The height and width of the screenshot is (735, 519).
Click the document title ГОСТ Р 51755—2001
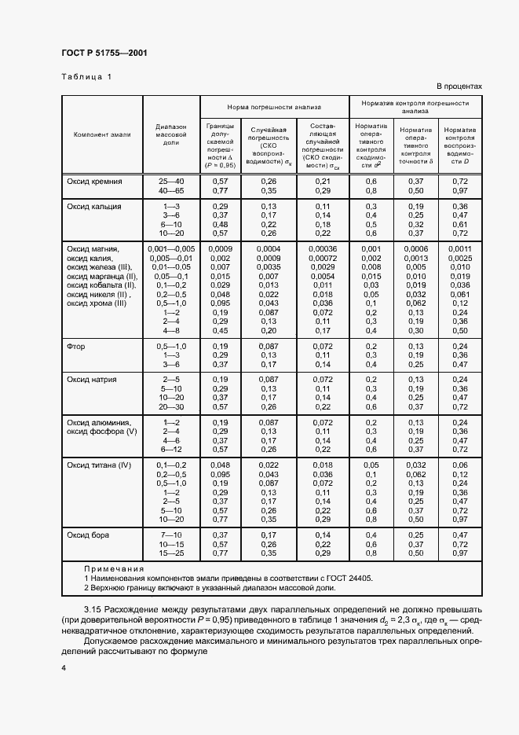(x=104, y=53)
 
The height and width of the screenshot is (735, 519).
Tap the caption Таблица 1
(x=86, y=77)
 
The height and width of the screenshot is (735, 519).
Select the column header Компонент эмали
(x=102, y=134)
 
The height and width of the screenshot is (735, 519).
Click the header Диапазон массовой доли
(x=171, y=134)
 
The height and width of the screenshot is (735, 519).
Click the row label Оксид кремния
(x=95, y=182)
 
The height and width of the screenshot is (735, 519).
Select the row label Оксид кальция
(x=94, y=206)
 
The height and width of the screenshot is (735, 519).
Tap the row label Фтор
(x=76, y=347)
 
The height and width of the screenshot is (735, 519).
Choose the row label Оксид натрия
(x=92, y=380)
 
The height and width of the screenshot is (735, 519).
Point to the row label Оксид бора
(x=88, y=535)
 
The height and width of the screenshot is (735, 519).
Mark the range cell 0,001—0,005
(x=171, y=248)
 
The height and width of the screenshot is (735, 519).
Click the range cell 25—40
(x=171, y=182)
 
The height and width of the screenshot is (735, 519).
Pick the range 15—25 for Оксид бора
(x=171, y=553)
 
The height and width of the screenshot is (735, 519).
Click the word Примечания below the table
(x=114, y=568)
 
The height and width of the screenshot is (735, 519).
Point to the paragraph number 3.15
(x=93, y=610)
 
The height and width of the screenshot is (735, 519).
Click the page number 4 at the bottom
(x=64, y=667)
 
